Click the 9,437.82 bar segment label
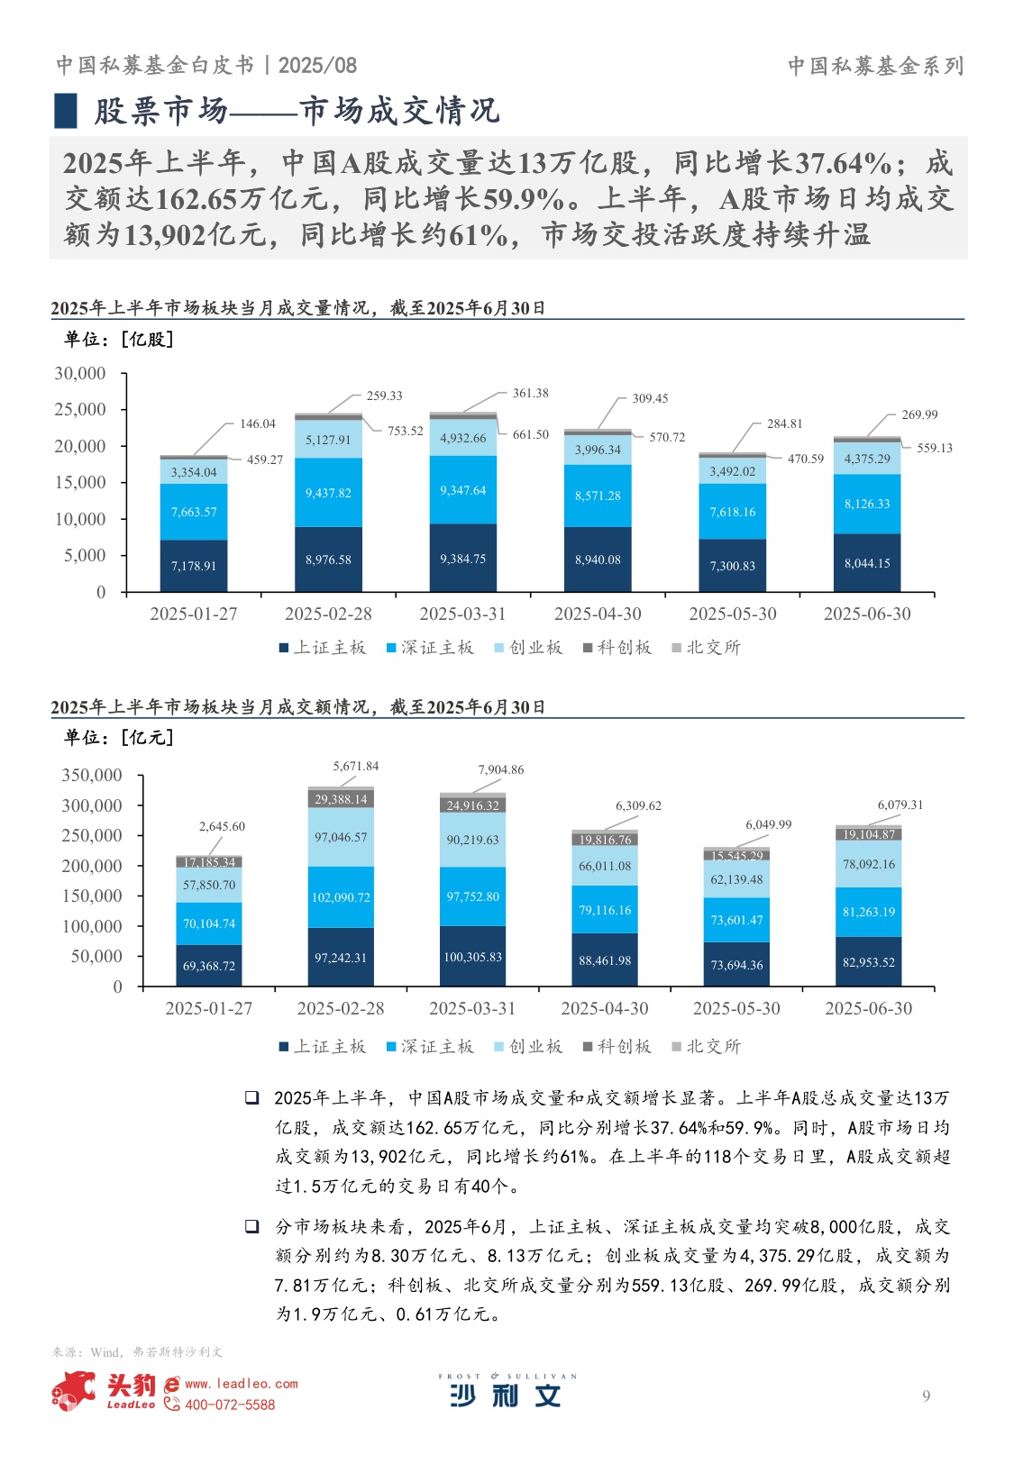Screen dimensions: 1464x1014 [x=328, y=493]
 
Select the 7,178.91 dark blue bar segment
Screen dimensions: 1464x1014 [x=194, y=566]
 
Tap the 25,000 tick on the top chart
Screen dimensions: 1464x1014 [x=80, y=409]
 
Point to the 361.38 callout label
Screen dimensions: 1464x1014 [x=530, y=393]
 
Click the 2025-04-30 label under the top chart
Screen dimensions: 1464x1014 [x=598, y=614]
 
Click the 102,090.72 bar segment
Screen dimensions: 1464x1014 [x=341, y=897]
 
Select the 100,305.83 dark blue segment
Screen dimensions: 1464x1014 [x=472, y=957]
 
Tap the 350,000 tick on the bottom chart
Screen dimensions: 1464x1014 [x=92, y=775]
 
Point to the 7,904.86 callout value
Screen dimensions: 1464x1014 [x=500, y=769]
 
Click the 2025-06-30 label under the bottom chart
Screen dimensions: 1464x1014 [x=868, y=1008]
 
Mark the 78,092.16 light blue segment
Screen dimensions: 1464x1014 [x=869, y=864]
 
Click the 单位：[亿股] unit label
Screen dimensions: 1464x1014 [x=118, y=339]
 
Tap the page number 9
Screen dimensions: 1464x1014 [x=926, y=1396]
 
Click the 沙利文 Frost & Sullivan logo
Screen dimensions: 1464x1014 [x=507, y=1391]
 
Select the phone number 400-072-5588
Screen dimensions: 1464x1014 [x=230, y=1405]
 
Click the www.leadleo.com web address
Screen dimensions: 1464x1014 [x=241, y=1384]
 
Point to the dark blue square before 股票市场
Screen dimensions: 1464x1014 [x=66, y=111]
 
